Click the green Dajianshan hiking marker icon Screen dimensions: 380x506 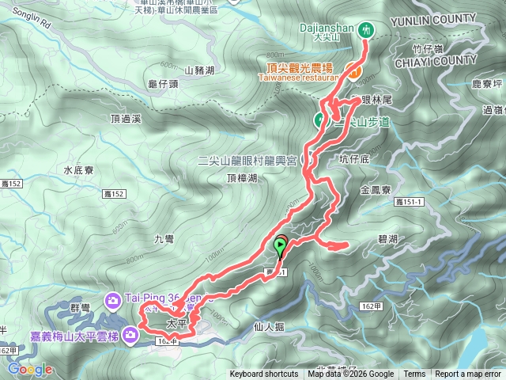[365, 29]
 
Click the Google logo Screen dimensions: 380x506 [30, 370]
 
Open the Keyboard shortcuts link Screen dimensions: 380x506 [264, 374]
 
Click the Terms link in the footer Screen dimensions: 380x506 [414, 374]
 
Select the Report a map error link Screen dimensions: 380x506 [468, 374]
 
